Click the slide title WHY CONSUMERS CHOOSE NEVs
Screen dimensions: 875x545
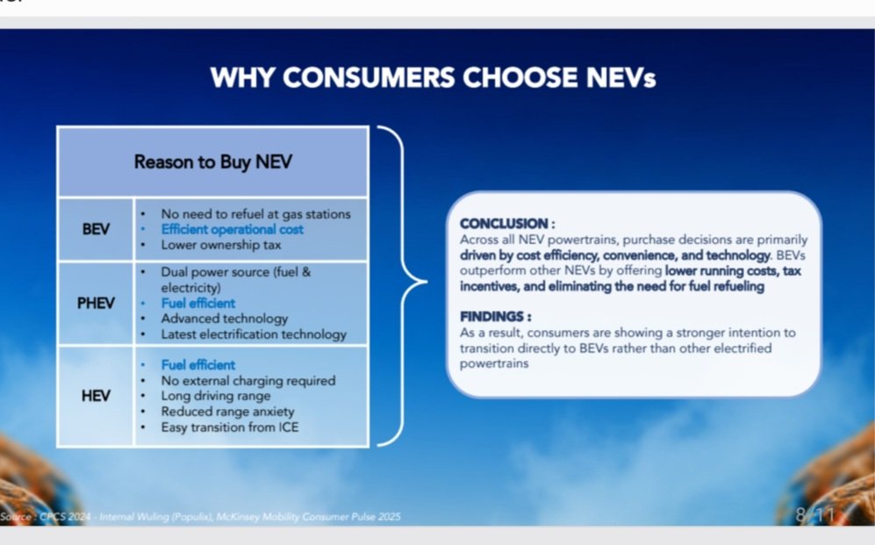click(433, 77)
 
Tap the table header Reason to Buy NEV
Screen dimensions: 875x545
click(212, 161)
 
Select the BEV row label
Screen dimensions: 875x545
click(96, 229)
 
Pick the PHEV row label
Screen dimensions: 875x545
click(96, 303)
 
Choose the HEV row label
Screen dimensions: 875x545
click(96, 396)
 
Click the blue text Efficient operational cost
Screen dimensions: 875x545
click(233, 229)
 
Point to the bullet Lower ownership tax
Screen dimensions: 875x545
click(221, 245)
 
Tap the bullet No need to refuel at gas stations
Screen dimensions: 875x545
click(255, 214)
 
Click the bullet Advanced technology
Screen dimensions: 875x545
click(225, 319)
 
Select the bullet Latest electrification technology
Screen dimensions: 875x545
click(254, 334)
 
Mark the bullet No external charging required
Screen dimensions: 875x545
click(248, 380)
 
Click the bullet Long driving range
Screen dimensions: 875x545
click(216, 396)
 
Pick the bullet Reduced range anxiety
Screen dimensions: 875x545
click(227, 412)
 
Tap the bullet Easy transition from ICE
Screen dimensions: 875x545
click(230, 427)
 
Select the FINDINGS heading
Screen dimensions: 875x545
click(496, 317)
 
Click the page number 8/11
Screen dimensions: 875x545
click(815, 514)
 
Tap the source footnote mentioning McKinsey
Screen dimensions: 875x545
click(200, 517)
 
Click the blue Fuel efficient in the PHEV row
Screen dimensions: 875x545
click(198, 303)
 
